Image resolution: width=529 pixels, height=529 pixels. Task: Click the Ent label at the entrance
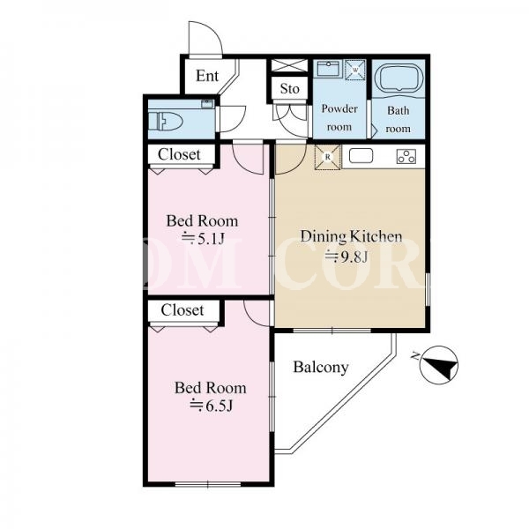[x=207, y=76]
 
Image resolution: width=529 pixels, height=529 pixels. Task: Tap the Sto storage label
[x=290, y=89]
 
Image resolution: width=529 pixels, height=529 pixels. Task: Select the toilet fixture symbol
[x=166, y=121]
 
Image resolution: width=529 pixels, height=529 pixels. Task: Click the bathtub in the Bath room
[x=399, y=78]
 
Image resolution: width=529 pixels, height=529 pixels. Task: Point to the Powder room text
[x=339, y=117]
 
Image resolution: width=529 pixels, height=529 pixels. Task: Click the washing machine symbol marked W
[x=355, y=71]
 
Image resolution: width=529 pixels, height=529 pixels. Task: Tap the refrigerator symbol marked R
[x=327, y=157]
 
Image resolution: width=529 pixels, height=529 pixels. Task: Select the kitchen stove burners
[x=406, y=157]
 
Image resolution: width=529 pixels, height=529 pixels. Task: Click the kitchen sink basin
[x=361, y=156]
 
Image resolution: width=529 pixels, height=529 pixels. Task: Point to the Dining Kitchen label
[x=351, y=236]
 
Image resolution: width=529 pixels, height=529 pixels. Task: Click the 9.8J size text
[x=346, y=257]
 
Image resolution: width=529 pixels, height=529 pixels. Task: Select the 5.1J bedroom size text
[x=203, y=239]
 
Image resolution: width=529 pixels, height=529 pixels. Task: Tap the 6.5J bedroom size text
[x=212, y=406]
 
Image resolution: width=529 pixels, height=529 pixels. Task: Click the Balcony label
[x=321, y=367]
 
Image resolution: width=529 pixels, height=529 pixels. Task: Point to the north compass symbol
[x=438, y=365]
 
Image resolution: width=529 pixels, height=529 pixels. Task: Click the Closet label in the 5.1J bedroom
[x=179, y=154]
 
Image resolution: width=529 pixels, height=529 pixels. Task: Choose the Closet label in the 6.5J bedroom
[x=183, y=310]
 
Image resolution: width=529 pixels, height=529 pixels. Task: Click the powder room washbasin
[x=328, y=69]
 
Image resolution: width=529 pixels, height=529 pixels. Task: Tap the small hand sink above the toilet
[x=207, y=103]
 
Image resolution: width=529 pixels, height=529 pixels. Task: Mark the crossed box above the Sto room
[x=290, y=65]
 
